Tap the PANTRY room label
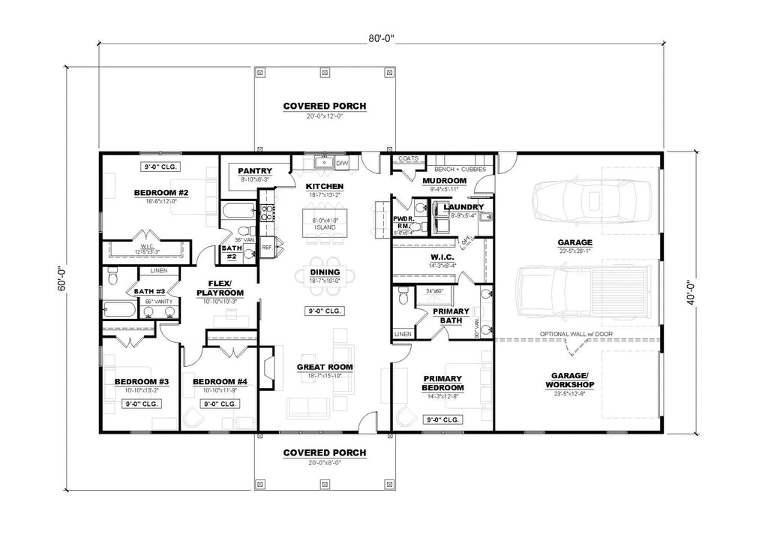(x=254, y=171)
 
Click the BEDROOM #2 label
(x=160, y=193)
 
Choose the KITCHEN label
(x=324, y=186)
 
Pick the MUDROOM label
(x=445, y=181)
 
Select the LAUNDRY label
(x=463, y=206)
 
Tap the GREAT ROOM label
(x=324, y=367)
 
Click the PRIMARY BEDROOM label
(x=442, y=383)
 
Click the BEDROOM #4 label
(x=214, y=381)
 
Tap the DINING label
(x=324, y=272)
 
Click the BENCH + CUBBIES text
(x=456, y=170)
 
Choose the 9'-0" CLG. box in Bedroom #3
(x=141, y=404)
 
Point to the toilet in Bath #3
(x=113, y=277)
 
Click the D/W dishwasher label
(x=342, y=163)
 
